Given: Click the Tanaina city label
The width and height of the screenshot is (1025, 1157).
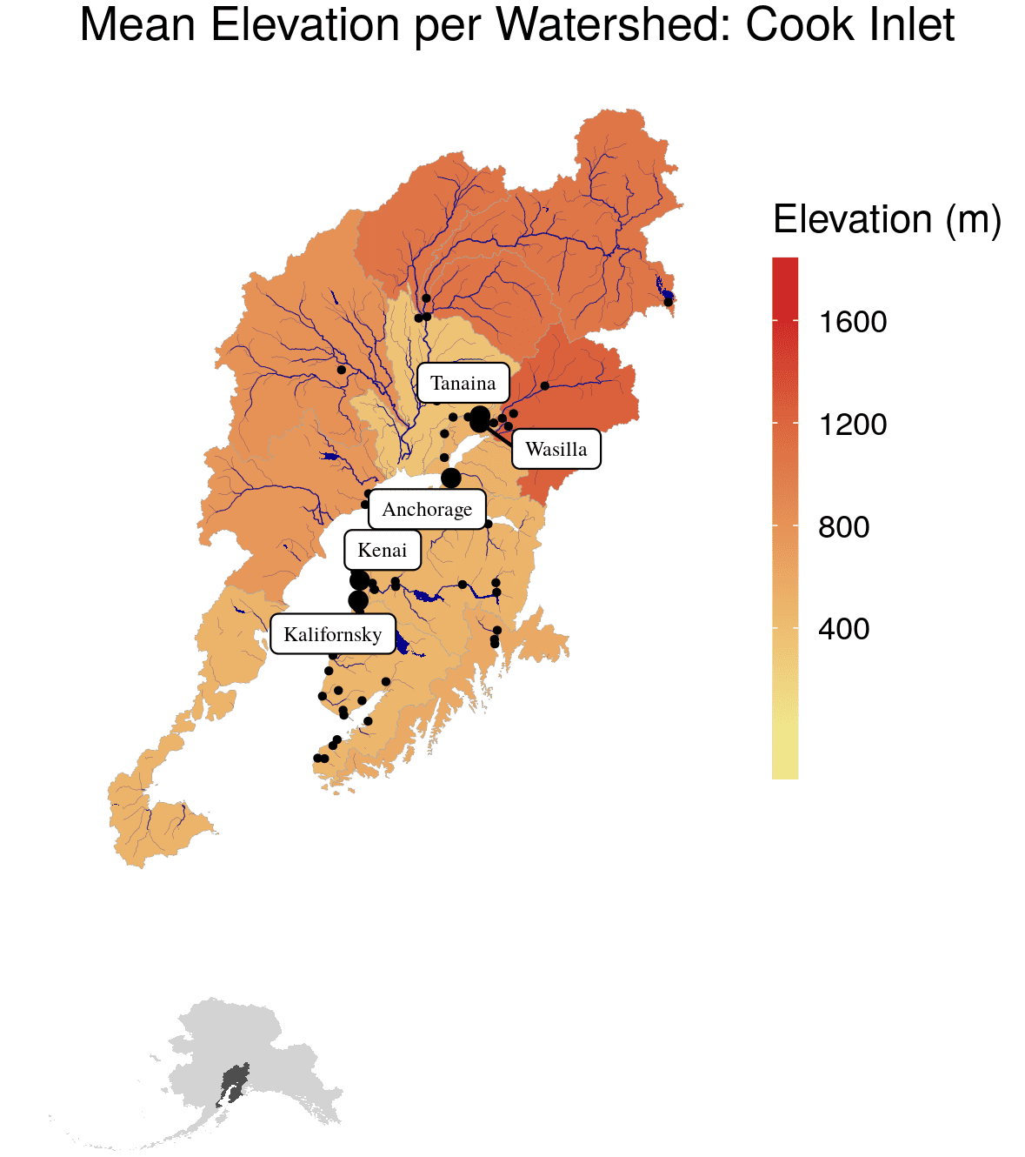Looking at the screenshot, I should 463,383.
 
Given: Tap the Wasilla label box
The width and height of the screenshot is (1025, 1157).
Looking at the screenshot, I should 556,449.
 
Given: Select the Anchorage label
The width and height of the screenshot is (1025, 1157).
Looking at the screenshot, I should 426,509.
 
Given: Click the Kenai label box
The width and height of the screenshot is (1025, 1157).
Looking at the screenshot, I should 383,550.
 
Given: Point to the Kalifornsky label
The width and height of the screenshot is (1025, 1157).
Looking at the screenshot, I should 332,634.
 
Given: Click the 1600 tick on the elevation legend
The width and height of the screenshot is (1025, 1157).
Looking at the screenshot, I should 852,323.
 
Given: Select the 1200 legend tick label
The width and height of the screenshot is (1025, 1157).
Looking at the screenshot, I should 852,425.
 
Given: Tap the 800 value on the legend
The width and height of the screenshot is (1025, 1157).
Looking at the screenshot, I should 843,527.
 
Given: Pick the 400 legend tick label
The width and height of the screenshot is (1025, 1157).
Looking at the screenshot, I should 843,629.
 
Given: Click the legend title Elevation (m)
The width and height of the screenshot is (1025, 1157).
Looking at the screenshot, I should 887,219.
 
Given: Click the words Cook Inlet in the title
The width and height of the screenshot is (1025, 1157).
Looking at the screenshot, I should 849,26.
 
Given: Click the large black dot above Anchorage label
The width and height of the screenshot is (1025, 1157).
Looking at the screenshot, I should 450,478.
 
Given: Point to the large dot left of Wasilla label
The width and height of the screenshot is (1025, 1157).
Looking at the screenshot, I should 479,420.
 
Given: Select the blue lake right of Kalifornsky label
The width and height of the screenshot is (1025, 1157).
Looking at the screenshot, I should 402,643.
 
